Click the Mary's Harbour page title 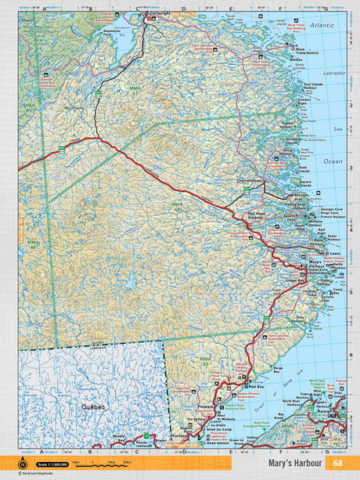pos(296,463)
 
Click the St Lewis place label pos(333,253)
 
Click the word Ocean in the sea pos(333,161)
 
